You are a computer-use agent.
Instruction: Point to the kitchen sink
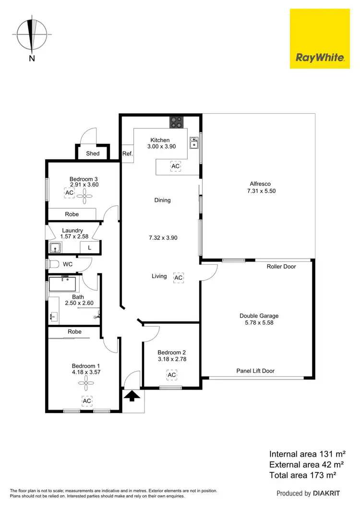[194, 143]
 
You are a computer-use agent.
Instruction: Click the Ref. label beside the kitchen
[127, 154]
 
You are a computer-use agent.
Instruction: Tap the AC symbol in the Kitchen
[176, 166]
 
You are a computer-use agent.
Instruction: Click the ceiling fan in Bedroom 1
[87, 382]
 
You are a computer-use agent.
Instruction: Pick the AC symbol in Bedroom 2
[171, 374]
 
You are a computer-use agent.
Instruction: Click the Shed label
[93, 154]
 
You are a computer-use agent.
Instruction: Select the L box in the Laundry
[89, 248]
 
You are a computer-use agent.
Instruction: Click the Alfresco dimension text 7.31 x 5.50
[259, 190]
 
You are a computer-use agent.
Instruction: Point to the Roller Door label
[281, 267]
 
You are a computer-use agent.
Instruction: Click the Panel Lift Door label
[255, 371]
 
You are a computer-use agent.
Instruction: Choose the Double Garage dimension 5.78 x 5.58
[259, 323]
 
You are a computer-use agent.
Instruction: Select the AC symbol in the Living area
[179, 278]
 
